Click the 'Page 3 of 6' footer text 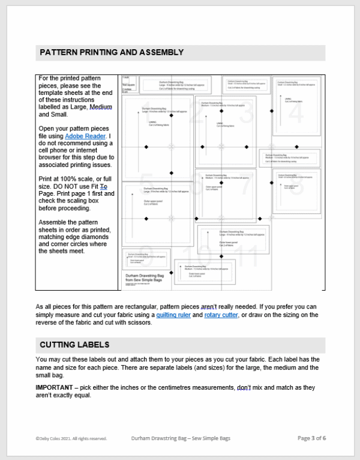click(311, 438)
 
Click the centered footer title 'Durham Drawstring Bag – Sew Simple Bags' click(181, 438)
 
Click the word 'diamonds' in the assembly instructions click(95, 243)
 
